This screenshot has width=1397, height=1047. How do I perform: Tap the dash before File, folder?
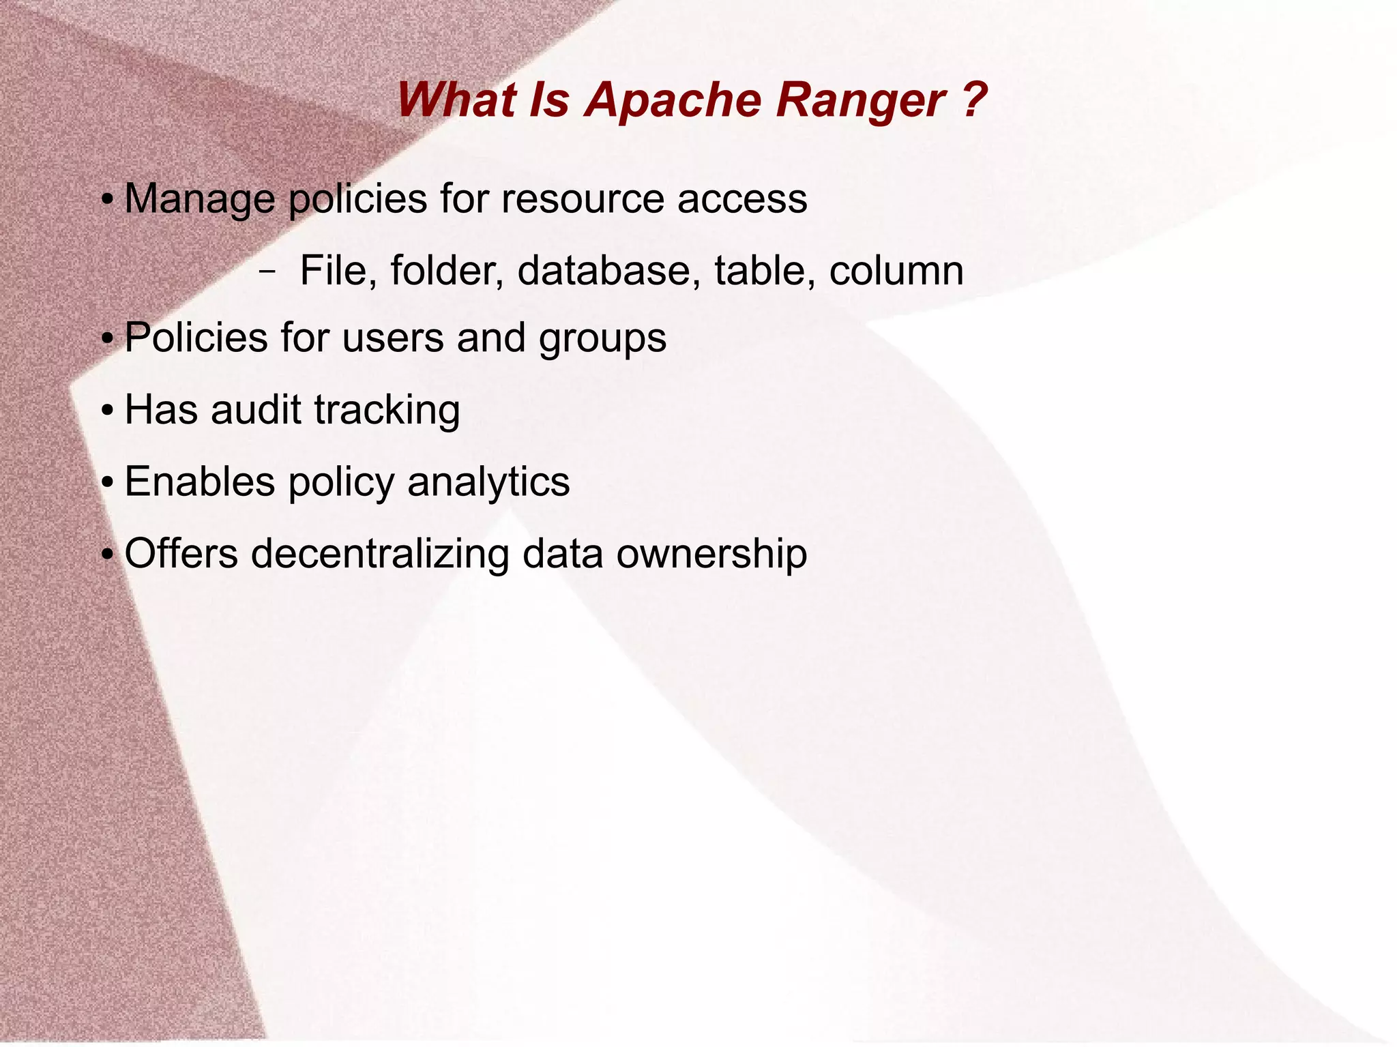click(267, 271)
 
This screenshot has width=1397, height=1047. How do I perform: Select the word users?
click(392, 338)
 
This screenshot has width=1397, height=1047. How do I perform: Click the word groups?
click(602, 339)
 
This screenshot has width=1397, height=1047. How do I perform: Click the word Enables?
click(199, 482)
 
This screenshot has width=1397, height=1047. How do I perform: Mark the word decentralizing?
click(380, 553)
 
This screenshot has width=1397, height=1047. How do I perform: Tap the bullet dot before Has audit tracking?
click(107, 412)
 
